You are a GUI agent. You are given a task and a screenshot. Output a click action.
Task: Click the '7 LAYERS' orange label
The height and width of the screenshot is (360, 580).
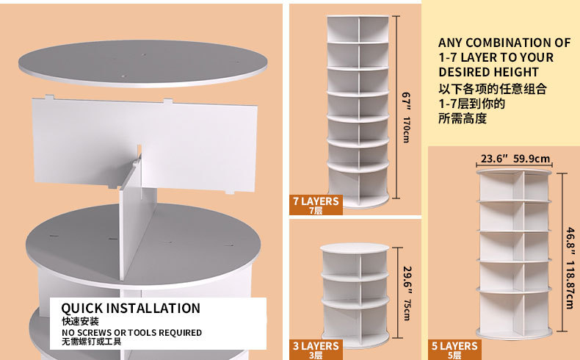tap(316, 205)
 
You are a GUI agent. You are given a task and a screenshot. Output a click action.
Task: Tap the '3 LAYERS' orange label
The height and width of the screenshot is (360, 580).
tap(316, 350)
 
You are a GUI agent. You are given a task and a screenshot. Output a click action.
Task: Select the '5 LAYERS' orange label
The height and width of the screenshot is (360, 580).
tap(454, 350)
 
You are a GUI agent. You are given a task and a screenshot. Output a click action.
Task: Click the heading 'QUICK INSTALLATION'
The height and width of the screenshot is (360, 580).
tap(131, 308)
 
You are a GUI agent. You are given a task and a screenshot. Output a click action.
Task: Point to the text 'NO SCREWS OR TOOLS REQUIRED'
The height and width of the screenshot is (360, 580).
tap(131, 333)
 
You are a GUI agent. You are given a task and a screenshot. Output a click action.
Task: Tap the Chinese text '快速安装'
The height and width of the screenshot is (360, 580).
tap(79, 321)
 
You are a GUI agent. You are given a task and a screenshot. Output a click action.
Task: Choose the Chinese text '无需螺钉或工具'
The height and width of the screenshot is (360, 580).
tap(91, 342)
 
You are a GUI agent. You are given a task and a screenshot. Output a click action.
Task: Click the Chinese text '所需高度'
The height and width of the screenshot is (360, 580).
tap(463, 118)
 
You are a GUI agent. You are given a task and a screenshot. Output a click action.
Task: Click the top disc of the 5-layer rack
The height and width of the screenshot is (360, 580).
tap(513, 173)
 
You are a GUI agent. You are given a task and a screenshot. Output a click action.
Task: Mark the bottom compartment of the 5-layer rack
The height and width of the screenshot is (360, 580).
tap(513, 312)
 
